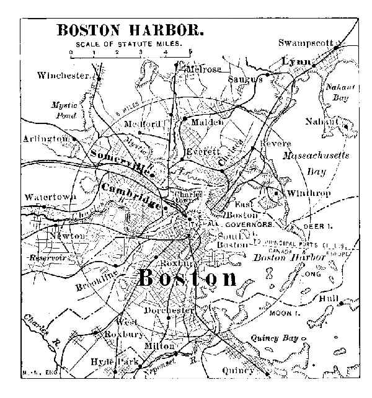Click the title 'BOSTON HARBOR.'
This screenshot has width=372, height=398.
click(130, 29)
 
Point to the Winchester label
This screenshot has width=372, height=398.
click(63, 76)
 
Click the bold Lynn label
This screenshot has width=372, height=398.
click(295, 63)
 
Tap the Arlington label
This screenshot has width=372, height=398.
click(45, 139)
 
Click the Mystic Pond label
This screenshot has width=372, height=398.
click(63, 110)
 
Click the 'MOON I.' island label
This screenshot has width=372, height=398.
click(280, 313)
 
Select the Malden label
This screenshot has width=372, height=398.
click(207, 122)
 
